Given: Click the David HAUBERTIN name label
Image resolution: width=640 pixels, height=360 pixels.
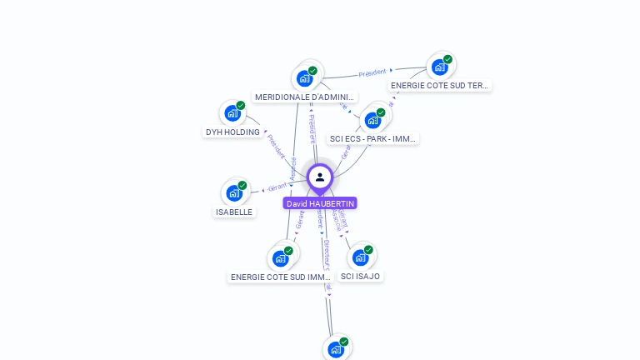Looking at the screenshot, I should (320, 203).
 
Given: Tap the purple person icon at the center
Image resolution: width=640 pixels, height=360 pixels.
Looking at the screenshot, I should (320, 177).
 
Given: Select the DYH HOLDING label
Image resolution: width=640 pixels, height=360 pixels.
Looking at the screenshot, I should (232, 132).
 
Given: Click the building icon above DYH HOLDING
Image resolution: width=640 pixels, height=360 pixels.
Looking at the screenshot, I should (232, 113).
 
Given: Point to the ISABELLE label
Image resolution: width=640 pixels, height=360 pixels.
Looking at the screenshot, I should (234, 212).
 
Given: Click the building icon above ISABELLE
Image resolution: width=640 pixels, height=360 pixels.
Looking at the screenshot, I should (234, 193).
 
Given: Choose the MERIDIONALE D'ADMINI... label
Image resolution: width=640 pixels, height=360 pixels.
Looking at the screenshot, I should (304, 97).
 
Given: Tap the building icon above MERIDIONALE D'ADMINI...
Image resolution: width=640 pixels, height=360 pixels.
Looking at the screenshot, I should (304, 78).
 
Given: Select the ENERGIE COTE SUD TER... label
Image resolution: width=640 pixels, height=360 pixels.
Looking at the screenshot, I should (439, 85).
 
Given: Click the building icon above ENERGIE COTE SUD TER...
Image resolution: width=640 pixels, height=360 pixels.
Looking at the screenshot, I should (439, 67).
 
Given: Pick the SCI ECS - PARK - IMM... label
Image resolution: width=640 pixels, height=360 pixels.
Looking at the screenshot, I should (372, 138).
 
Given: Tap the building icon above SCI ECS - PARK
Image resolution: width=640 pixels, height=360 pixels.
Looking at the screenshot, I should (372, 120).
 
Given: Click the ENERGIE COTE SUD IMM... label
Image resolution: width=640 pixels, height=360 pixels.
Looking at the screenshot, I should (281, 277).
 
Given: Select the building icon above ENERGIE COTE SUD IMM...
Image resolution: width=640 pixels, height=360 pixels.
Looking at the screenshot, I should (280, 258).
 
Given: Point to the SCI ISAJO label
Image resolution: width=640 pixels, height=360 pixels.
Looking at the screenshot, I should (360, 276).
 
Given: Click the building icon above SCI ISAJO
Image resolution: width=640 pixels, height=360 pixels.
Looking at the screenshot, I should (360, 257).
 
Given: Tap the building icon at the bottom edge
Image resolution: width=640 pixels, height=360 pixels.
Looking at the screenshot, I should (335, 349).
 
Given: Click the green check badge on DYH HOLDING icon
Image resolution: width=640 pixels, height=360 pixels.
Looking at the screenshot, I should (241, 106).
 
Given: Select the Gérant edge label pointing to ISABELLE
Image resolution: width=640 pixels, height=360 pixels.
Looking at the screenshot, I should (277, 187).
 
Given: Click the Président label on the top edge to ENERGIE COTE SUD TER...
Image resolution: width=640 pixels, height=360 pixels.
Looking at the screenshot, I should (372, 72).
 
